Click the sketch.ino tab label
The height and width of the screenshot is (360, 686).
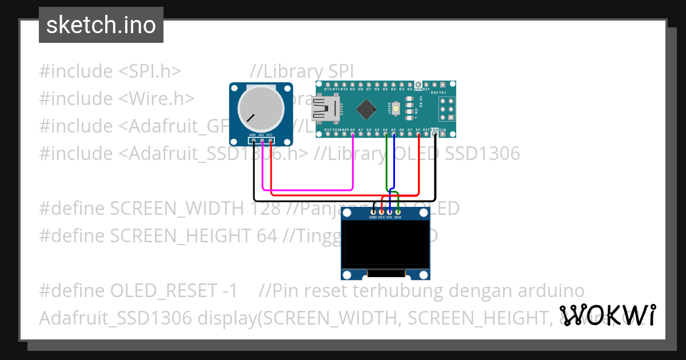point(101,25)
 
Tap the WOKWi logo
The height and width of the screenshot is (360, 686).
point(607,315)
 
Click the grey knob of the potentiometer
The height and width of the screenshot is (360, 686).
point(261,107)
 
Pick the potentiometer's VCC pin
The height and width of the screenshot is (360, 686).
point(270,141)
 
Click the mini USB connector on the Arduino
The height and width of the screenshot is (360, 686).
point(325,108)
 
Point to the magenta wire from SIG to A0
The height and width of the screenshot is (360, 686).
point(309,189)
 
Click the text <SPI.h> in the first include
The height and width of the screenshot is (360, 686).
point(150,71)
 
